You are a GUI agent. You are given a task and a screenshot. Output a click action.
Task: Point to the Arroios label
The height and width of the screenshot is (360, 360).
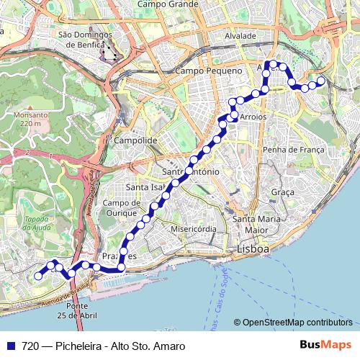coord(252,116)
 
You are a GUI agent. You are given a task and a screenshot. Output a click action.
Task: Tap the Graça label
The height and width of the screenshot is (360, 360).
coord(283,192)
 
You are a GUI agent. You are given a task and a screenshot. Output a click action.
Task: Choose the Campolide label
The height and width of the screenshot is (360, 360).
coord(135,140)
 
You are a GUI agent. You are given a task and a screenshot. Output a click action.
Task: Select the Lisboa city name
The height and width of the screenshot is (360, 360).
coord(253,249)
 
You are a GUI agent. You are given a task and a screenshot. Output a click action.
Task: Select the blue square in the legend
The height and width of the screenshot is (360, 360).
coord(10,346)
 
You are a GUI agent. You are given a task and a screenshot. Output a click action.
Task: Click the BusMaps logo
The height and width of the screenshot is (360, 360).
coord(325,345)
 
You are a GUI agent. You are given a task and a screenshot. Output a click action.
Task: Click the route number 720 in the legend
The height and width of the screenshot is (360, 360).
coord(30,346)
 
